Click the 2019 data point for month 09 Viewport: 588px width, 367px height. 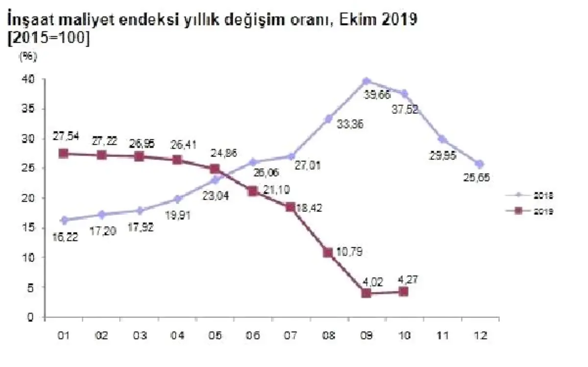click(367, 293)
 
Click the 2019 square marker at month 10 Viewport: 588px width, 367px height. click(404, 291)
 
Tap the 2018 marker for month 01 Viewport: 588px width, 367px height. click(64, 220)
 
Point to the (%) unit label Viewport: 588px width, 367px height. click(27, 56)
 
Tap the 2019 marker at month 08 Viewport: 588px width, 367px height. click(328, 253)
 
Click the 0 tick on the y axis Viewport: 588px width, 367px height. click(30, 317)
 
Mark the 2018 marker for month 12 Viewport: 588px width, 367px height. click(479, 164)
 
